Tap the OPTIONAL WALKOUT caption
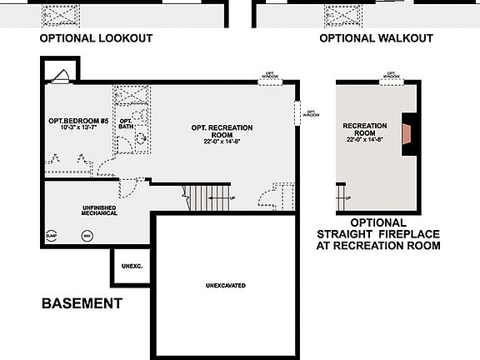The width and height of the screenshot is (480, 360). pyautogui.click(x=376, y=38)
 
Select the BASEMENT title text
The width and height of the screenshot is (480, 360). pyautogui.click(x=82, y=303)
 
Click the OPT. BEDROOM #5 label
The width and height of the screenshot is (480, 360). pyautogui.click(x=73, y=121)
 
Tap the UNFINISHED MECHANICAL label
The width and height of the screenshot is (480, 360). pyautogui.click(x=99, y=210)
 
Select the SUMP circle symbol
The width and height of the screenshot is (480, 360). pyautogui.click(x=51, y=236)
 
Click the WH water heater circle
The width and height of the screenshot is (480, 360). pyautogui.click(x=87, y=236)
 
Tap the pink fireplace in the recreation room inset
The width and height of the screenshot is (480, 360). pyautogui.click(x=406, y=134)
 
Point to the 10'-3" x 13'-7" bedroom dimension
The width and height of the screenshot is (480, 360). pyautogui.click(x=73, y=129)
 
